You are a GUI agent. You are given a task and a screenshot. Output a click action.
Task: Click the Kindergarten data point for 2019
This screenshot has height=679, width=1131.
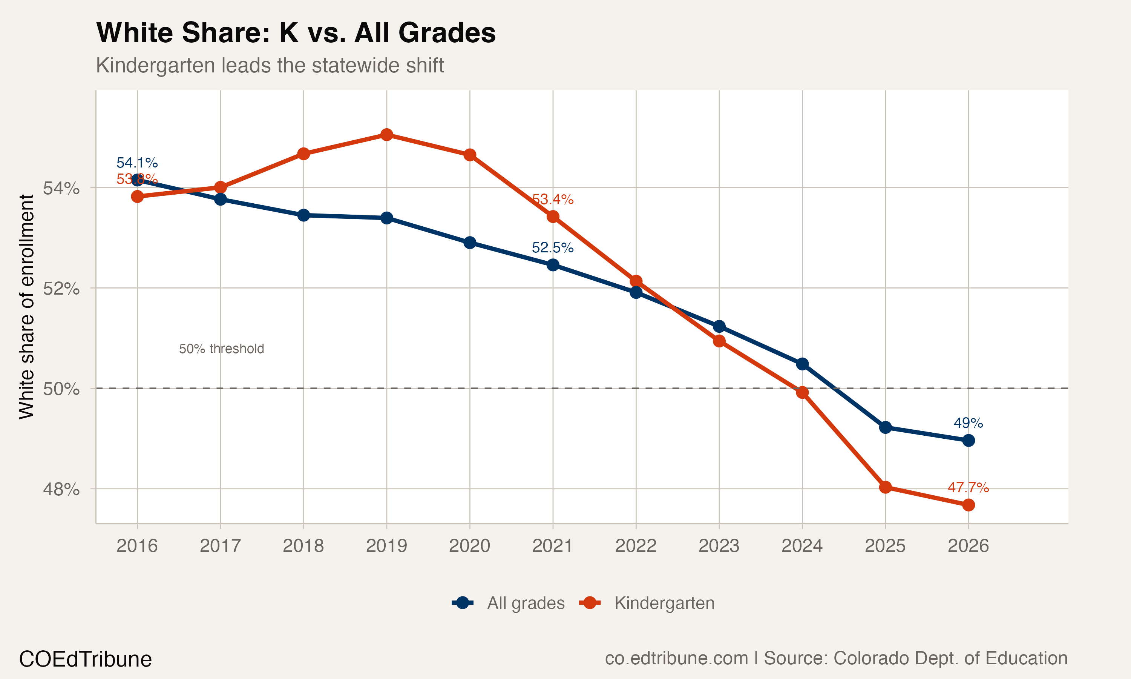(x=387, y=135)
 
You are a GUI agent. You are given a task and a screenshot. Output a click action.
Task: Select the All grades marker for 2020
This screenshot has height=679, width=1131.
(x=470, y=243)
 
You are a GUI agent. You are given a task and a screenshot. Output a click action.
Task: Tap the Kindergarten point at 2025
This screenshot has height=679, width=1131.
(x=886, y=487)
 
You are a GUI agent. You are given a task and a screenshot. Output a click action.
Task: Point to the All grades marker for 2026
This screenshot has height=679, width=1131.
(x=968, y=441)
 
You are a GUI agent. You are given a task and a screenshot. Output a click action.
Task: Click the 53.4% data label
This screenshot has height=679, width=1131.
(x=553, y=200)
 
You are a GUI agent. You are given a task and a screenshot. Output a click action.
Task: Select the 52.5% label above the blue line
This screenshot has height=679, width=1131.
(x=553, y=247)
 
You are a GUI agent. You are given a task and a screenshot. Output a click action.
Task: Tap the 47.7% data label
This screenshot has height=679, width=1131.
(x=968, y=487)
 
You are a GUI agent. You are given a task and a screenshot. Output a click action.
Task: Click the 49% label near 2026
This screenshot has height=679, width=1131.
(x=968, y=423)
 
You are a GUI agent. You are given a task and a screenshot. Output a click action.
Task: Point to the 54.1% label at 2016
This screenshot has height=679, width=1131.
(x=137, y=163)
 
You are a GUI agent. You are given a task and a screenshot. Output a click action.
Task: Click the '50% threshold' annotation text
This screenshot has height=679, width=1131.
(x=221, y=349)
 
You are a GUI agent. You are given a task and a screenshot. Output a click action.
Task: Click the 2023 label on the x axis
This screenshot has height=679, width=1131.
(x=719, y=546)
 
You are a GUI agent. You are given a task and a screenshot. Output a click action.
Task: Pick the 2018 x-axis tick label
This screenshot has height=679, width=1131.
(x=303, y=546)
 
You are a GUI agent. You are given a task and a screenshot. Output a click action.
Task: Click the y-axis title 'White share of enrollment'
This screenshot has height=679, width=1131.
(x=26, y=307)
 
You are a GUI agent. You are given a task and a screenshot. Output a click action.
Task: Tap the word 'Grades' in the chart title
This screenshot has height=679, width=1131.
(x=447, y=33)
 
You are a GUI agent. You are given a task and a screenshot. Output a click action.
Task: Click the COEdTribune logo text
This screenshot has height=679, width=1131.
(x=86, y=659)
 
